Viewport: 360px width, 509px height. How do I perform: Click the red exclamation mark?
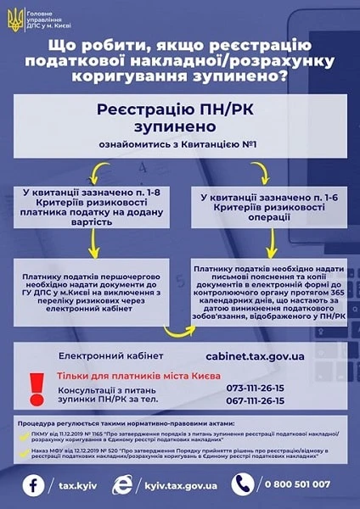[36, 388]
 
